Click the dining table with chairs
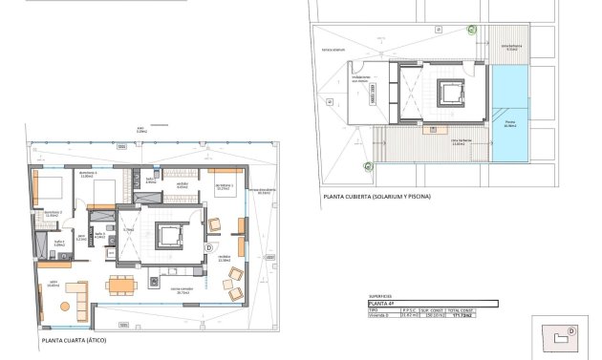tap(120, 284)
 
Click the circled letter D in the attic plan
tap(209, 246)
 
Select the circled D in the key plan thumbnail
tap(571, 331)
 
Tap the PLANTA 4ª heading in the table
tap(383, 304)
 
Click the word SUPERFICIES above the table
tap(381, 297)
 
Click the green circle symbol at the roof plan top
tap(471, 30)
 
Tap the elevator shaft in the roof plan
tap(448, 95)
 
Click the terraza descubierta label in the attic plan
tap(263, 192)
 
